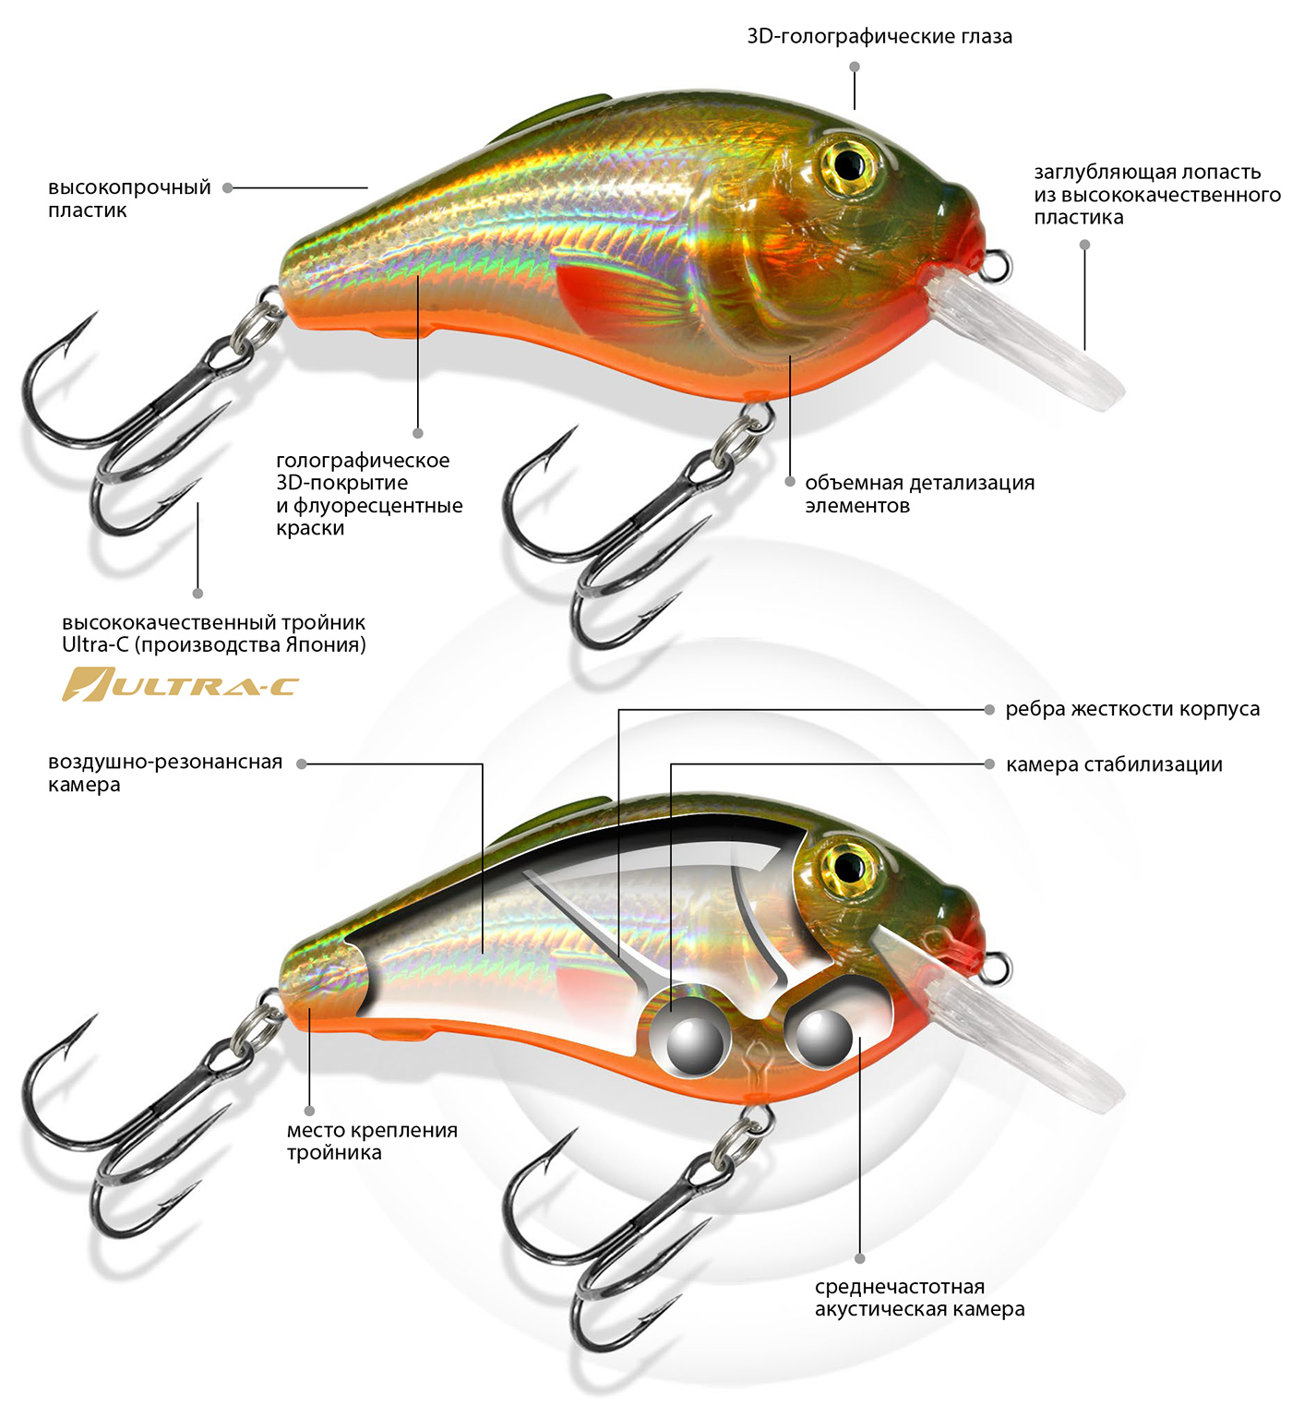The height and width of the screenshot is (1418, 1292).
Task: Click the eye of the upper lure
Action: pyautogui.click(x=848, y=164)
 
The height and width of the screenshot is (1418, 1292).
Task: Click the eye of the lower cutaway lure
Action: pyautogui.click(x=848, y=867)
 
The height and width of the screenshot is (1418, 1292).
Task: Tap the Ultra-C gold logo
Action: pyautogui.click(x=180, y=685)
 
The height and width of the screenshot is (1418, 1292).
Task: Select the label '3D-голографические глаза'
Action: pyautogui.click(x=879, y=37)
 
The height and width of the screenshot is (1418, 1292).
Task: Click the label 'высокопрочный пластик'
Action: pyautogui.click(x=129, y=198)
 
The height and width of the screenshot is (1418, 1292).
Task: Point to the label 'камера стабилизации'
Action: pyautogui.click(x=1114, y=764)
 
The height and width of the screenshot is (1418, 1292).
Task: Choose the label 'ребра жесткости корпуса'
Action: pyautogui.click(x=1132, y=709)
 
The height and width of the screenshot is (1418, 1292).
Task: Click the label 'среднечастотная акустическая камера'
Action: pyautogui.click(x=919, y=1298)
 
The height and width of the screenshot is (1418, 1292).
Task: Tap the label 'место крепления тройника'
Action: pyautogui.click(x=372, y=1141)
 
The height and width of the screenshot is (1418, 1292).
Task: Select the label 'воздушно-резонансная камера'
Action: pyautogui.click(x=164, y=773)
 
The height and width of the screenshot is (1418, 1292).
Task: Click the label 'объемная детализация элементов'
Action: pyautogui.click(x=919, y=494)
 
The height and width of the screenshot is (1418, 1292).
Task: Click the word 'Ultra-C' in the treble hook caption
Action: pyautogui.click(x=95, y=645)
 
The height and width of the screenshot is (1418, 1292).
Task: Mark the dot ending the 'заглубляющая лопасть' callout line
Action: pyautogui.click(x=1084, y=245)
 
